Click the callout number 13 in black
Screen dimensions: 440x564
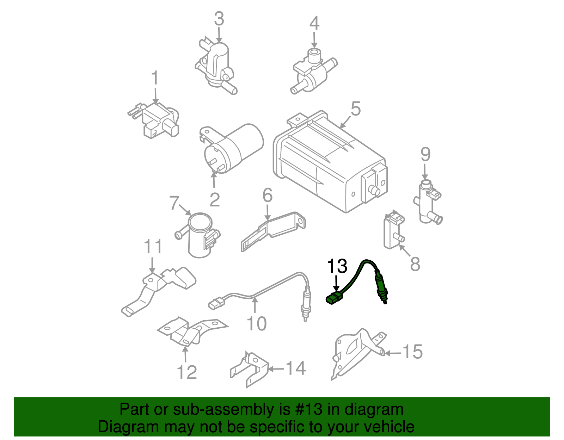337,267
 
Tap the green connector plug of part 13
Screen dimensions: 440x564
333,299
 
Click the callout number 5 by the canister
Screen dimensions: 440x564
356,109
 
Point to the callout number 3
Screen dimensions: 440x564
219,19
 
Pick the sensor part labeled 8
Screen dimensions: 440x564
393,231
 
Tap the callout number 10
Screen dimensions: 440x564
257,323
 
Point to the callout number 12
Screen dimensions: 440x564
186,372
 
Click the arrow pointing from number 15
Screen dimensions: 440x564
393,353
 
